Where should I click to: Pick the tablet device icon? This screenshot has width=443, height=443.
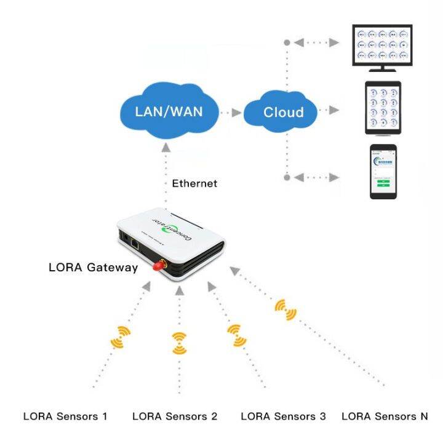(x=383, y=108)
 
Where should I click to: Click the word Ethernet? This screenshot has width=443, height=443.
(x=194, y=183)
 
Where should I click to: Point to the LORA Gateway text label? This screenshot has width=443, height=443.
(x=94, y=268)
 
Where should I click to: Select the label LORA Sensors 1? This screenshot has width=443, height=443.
(x=65, y=417)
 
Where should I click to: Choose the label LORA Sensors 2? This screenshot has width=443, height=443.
(x=175, y=417)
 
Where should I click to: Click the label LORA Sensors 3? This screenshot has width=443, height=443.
(x=283, y=417)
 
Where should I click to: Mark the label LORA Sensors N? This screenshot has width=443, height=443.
(x=385, y=417)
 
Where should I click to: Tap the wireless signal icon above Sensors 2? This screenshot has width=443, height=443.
(x=179, y=342)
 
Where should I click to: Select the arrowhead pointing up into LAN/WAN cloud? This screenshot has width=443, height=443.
(x=166, y=148)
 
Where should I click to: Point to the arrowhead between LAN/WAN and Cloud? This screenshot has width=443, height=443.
(x=237, y=113)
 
